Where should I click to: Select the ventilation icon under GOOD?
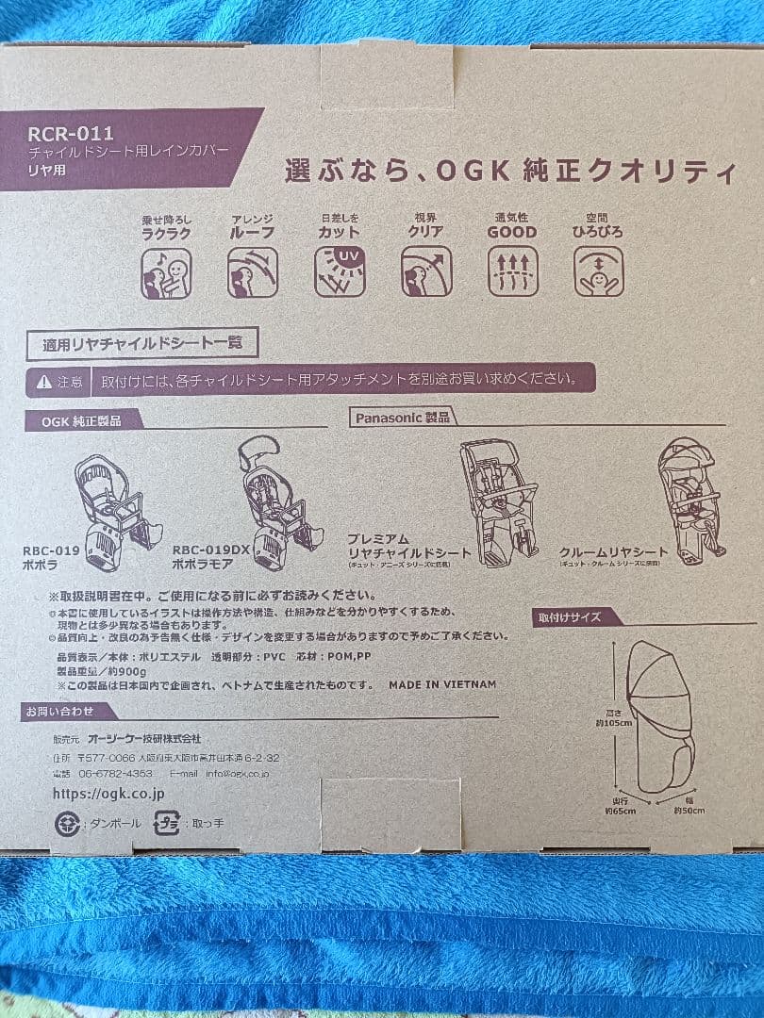pyautogui.click(x=512, y=271)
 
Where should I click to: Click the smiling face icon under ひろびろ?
pyautogui.click(x=598, y=271)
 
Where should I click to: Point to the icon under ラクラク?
pyautogui.click(x=166, y=273)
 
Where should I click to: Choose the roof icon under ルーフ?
pyautogui.click(x=253, y=272)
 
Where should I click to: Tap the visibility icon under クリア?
pyautogui.click(x=426, y=271)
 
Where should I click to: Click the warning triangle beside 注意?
pyautogui.click(x=44, y=382)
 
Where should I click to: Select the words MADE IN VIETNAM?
pyautogui.click(x=441, y=684)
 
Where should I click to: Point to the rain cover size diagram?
pyautogui.click(x=660, y=716)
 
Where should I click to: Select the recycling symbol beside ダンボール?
pyautogui.click(x=67, y=823)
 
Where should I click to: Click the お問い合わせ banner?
pyautogui.click(x=58, y=712)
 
